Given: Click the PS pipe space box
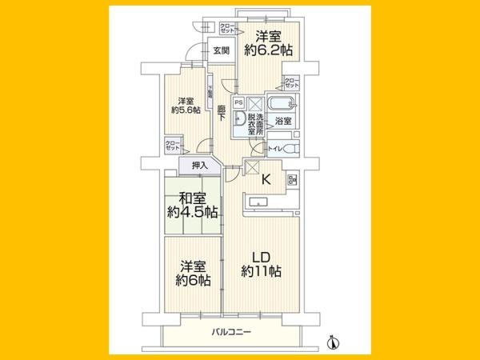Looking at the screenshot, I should pos(238,102).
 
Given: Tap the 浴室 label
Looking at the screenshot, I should pos(283,121).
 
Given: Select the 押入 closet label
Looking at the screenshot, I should pos(200,166).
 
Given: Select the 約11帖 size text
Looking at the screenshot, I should pos(260,272).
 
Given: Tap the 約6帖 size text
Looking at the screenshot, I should pos(193,280).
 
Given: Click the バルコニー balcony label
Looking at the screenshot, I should pos(233,330).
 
